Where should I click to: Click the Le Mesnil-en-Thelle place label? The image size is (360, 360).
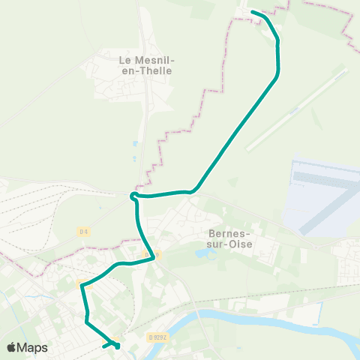coord(145,64)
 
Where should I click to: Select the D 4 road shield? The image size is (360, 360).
coord(82,231)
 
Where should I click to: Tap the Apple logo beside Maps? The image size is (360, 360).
coord(13,347)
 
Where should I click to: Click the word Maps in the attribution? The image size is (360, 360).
coord(33,347)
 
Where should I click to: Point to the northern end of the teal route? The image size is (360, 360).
coord(252,12)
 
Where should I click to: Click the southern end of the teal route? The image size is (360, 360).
coord(103,346)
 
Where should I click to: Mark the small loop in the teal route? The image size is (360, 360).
coord(134,196)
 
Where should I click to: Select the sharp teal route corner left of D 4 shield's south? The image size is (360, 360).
coord(81,284)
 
